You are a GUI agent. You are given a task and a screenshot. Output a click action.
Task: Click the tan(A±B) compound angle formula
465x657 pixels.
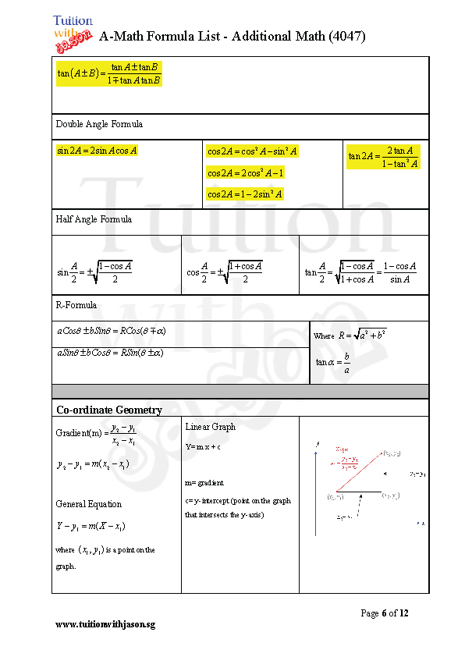pyautogui.click(x=109, y=73)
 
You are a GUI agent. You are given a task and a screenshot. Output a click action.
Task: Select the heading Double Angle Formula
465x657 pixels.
pyautogui.click(x=99, y=124)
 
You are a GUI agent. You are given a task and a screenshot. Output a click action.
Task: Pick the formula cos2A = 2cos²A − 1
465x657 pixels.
pyautogui.click(x=245, y=172)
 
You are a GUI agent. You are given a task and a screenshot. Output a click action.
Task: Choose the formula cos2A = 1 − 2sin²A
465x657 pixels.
pyautogui.click(x=245, y=194)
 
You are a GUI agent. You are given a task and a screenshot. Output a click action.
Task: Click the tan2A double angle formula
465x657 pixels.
pyautogui.click(x=383, y=157)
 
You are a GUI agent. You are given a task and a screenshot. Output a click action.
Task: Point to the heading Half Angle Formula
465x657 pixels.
pyautogui.click(x=94, y=219)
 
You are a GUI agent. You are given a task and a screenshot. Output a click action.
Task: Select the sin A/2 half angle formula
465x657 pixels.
pyautogui.click(x=94, y=272)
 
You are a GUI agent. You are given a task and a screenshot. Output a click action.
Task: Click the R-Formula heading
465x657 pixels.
pyautogui.click(x=76, y=305)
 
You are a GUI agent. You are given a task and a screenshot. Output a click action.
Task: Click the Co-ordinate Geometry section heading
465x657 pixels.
pyautogui.click(x=109, y=410)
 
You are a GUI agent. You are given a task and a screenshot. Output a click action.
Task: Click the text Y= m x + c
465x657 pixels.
pyautogui.click(x=203, y=447)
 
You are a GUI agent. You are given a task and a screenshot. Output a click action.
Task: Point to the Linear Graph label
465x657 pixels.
pyautogui.click(x=211, y=427)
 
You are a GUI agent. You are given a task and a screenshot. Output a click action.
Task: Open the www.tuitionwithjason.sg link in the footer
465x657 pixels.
pyautogui.click(x=105, y=625)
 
